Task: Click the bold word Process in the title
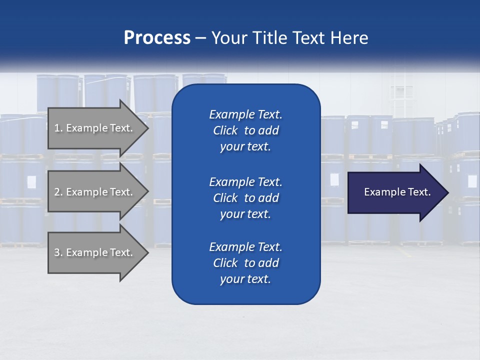click(x=157, y=38)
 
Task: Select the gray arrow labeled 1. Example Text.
click(x=95, y=128)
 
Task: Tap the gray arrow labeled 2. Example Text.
click(x=95, y=192)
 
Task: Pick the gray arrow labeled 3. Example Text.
click(x=95, y=252)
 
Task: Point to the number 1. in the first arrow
click(x=58, y=128)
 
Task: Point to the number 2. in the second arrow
click(x=58, y=192)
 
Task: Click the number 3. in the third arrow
click(x=58, y=252)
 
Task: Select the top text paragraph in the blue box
click(x=245, y=130)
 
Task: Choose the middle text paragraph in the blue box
click(x=245, y=198)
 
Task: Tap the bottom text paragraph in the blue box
click(x=245, y=263)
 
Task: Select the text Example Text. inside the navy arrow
click(x=397, y=192)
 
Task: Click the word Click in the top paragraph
click(x=225, y=131)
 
